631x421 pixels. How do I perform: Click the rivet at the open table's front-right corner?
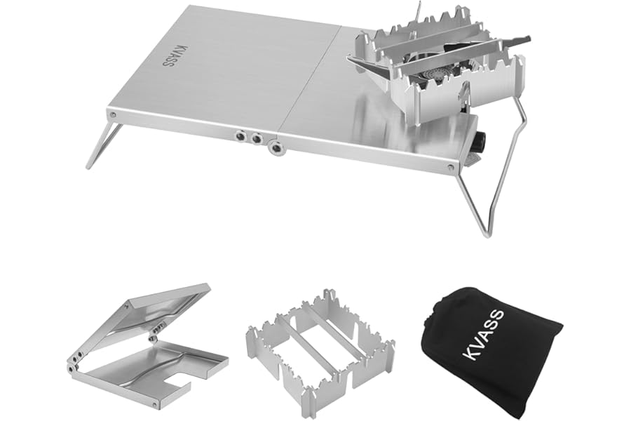451,167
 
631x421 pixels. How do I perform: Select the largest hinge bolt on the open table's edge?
276,147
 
